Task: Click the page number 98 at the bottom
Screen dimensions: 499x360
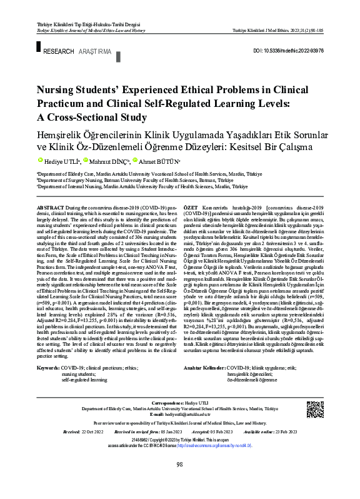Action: pos(179,481)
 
